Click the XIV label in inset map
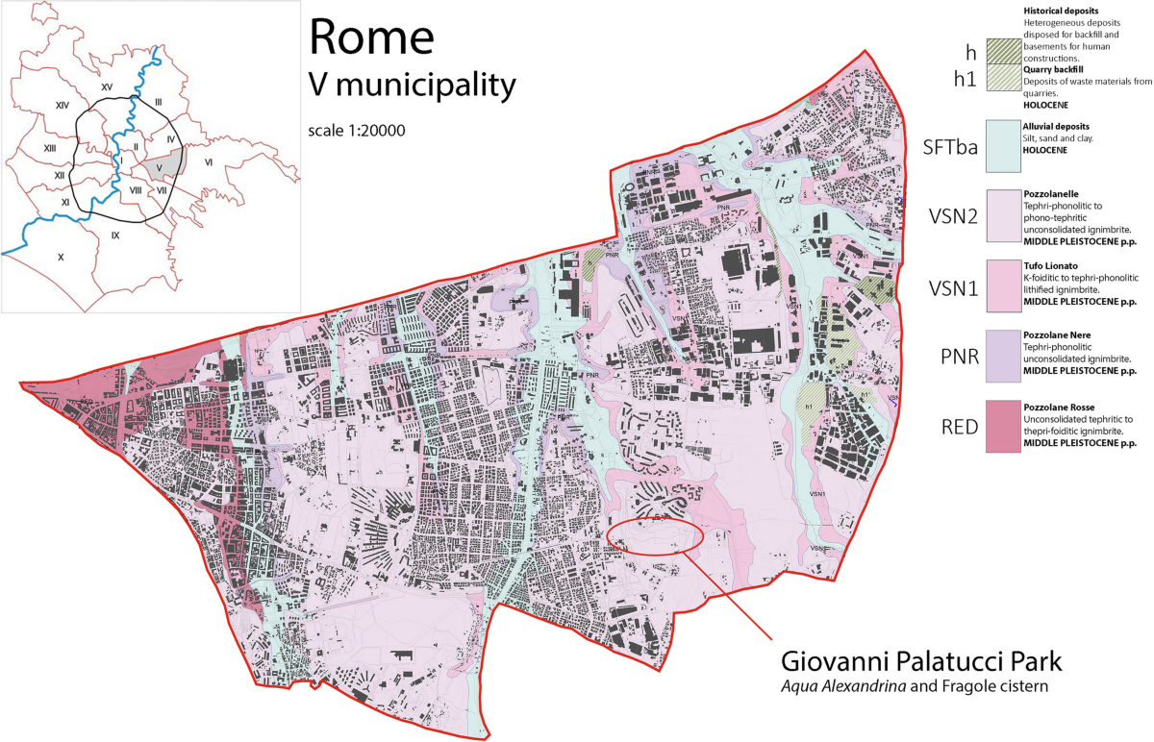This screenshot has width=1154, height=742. point(63,104)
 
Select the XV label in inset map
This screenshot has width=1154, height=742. point(107,87)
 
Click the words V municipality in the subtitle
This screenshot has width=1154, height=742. point(412,85)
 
